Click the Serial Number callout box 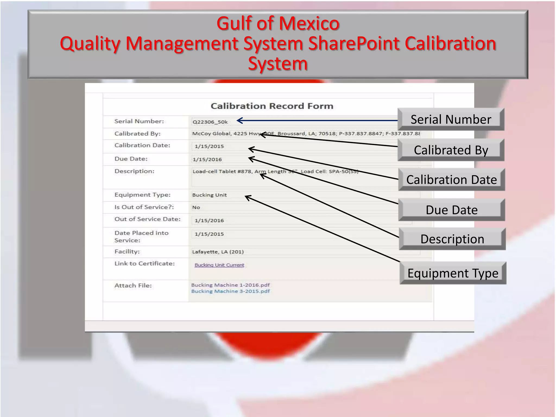click(x=451, y=119)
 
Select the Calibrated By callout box click(x=451, y=150)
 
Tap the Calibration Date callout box click(x=451, y=180)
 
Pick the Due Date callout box click(x=451, y=210)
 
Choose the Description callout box click(x=452, y=239)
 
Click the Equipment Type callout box click(x=453, y=273)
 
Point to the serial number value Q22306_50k click(x=210, y=122)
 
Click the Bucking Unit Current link click(x=219, y=265)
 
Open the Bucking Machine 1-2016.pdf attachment click(x=230, y=285)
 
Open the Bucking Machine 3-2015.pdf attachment click(x=230, y=291)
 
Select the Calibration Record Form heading click(x=272, y=106)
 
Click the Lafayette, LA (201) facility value click(x=218, y=252)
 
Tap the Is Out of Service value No click(x=196, y=207)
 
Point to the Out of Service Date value click(x=209, y=220)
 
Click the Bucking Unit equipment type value click(x=209, y=195)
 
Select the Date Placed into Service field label click(x=141, y=236)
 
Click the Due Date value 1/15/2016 click(x=207, y=159)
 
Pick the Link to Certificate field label click(x=144, y=263)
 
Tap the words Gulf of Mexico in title click(x=278, y=23)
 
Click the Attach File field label click(x=133, y=285)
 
